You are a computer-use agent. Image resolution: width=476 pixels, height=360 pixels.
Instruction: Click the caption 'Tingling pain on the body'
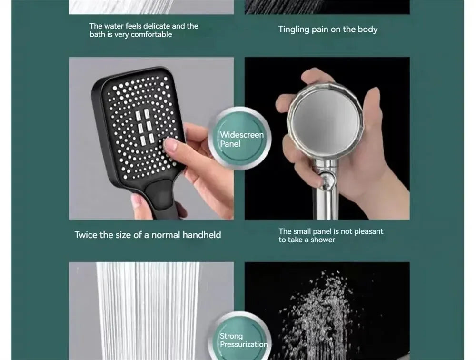(327, 30)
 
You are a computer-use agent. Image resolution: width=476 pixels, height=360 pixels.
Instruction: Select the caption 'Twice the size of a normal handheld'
(148, 235)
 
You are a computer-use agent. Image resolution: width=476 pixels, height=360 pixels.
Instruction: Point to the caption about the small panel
(330, 235)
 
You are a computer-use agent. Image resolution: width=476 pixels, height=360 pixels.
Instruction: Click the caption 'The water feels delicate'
(144, 30)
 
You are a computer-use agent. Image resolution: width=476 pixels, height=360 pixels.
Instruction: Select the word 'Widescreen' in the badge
(241, 135)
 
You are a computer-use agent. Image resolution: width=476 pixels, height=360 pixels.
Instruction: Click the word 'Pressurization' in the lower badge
(243, 344)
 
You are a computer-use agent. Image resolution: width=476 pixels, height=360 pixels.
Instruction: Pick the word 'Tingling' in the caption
(294, 30)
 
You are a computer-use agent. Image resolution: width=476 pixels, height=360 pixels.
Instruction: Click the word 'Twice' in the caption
(86, 235)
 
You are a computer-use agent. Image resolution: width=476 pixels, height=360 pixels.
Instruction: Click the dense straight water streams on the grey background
(148, 310)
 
